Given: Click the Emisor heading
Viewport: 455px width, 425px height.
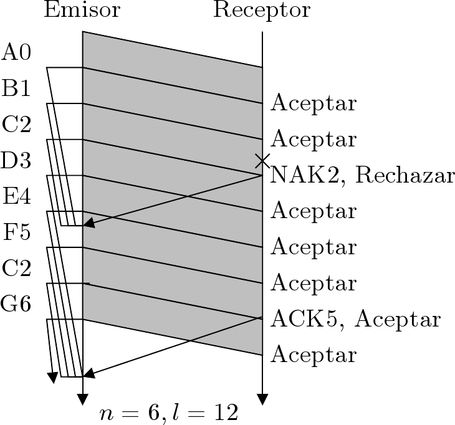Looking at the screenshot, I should pyautogui.click(x=82, y=11).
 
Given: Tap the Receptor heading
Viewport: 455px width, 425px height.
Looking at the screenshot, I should pyautogui.click(x=261, y=11).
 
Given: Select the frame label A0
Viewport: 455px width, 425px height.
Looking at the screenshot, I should pyautogui.click(x=17, y=52).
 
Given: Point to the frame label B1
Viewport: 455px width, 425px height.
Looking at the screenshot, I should pyautogui.click(x=17, y=88).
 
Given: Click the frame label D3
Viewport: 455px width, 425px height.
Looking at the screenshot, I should pyautogui.click(x=17, y=161).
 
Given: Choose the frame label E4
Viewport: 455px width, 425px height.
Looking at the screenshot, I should pyautogui.click(x=17, y=197).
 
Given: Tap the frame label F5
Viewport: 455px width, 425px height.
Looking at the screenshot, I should pyautogui.click(x=17, y=233).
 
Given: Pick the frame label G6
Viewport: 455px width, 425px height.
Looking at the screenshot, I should pyautogui.click(x=17, y=305).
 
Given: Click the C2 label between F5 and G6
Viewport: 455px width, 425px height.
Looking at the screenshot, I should pyautogui.click(x=17, y=269).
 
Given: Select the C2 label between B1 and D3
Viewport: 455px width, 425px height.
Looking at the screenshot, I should pyautogui.click(x=17, y=125).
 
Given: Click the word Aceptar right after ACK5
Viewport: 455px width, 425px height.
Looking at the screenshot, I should pyautogui.click(x=399, y=320).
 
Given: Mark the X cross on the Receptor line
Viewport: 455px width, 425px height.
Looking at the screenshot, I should pyautogui.click(x=262, y=161).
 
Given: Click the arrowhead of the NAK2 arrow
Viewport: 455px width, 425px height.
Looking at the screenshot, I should pyautogui.click(x=87, y=224).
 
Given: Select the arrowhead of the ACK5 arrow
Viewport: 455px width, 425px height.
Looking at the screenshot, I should pyautogui.click(x=87, y=375).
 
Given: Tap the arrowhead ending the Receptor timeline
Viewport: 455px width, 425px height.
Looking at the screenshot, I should pyautogui.click(x=262, y=399).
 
